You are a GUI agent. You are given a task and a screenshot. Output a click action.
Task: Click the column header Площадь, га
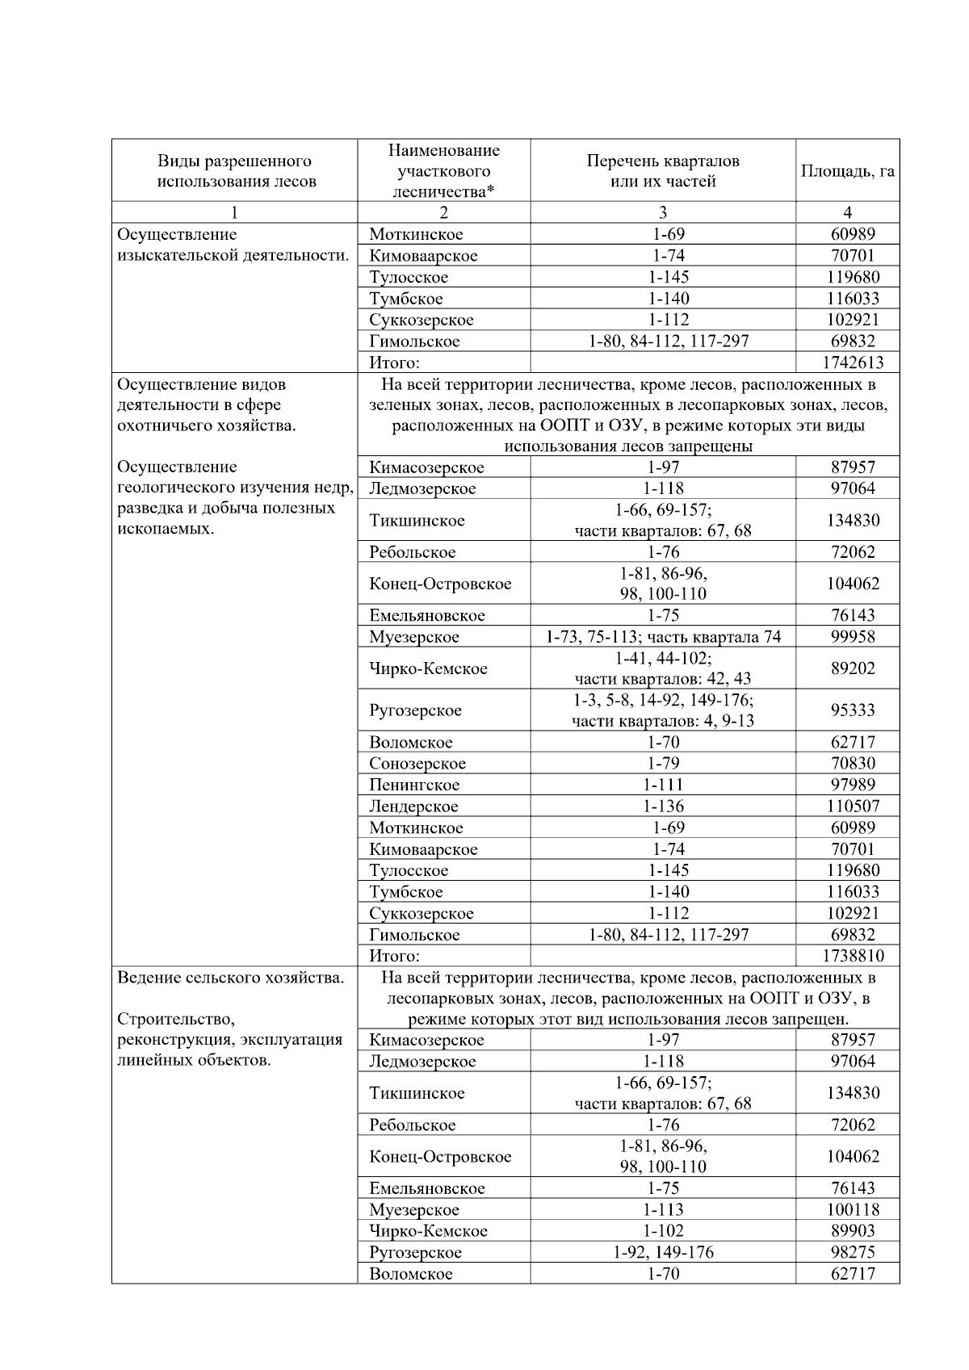[847, 171]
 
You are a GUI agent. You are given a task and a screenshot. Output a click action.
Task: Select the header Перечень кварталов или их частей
[662, 171]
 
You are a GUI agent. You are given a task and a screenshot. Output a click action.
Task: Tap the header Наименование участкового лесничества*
[443, 171]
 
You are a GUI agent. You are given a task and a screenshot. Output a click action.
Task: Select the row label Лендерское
[413, 806]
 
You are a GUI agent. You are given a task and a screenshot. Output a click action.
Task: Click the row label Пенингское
[414, 785]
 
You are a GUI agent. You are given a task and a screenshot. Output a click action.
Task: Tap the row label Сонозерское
[417, 764]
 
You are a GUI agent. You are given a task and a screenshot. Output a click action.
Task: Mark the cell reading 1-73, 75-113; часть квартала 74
[663, 637]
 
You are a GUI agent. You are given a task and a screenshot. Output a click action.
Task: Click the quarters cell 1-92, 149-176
[663, 1252]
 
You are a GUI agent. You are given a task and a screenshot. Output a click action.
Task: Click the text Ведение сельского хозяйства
[230, 978]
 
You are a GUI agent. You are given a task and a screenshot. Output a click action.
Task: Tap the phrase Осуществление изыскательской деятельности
[233, 245]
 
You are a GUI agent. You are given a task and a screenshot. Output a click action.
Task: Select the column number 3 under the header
[663, 212]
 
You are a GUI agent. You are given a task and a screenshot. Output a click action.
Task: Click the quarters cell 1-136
[663, 806]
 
